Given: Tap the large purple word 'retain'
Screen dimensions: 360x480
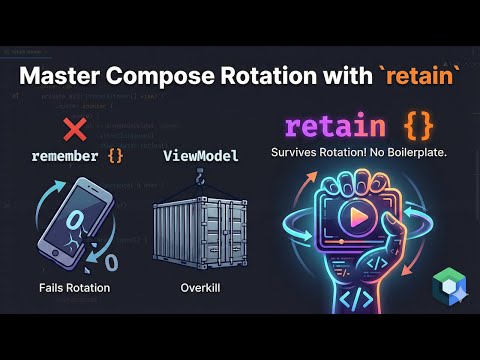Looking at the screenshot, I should coord(334,127).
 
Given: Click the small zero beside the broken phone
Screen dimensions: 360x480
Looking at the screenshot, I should coord(110,262).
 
